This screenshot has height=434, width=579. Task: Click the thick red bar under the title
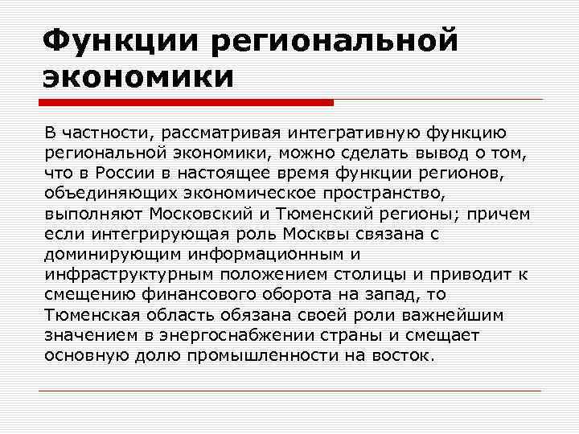coord(186,103)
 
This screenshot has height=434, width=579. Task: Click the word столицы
coord(363,274)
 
